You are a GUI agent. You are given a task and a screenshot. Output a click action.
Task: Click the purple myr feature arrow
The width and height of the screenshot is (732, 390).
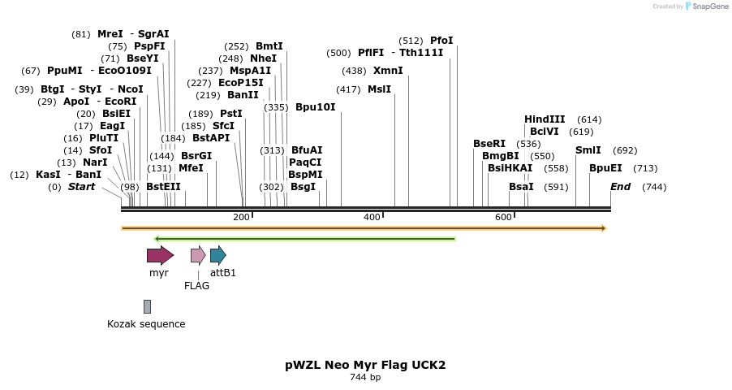pyautogui.click(x=160, y=255)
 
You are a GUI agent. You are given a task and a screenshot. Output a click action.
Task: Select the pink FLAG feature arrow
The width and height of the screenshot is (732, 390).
pyautogui.click(x=197, y=255)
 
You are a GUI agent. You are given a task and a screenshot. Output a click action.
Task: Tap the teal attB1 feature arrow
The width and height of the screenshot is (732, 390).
pyautogui.click(x=217, y=255)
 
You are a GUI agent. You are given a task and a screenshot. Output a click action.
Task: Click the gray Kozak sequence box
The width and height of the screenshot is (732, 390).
pyautogui.click(x=147, y=306)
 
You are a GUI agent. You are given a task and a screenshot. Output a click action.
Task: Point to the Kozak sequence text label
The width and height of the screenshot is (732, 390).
pyautogui.click(x=146, y=324)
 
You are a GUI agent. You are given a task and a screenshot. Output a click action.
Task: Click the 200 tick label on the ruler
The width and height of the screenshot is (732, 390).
pyautogui.click(x=241, y=217)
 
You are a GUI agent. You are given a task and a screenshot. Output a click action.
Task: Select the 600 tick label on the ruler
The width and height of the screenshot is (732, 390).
pyautogui.click(x=503, y=217)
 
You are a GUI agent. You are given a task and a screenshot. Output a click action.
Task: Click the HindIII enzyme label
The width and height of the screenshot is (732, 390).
pyautogui.click(x=545, y=119)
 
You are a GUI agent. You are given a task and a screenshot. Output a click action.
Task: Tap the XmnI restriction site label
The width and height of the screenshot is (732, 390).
pyautogui.click(x=388, y=71)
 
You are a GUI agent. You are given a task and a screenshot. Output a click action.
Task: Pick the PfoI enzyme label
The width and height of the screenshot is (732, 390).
pyautogui.click(x=441, y=41)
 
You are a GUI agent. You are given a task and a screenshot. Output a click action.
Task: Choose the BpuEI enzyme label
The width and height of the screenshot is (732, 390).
pyautogui.click(x=605, y=168)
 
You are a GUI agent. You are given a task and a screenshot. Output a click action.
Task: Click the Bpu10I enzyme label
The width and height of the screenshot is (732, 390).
pyautogui.click(x=315, y=107)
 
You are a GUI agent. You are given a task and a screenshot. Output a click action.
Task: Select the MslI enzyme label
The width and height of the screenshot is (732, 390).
pyautogui.click(x=379, y=89)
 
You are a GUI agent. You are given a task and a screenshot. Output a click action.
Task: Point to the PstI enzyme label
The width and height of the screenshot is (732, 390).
pyautogui.click(x=231, y=114)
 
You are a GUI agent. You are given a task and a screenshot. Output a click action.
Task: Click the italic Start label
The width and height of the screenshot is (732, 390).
pyautogui.click(x=81, y=187)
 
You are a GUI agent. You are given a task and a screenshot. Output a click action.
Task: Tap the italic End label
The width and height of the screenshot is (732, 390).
pyautogui.click(x=620, y=187)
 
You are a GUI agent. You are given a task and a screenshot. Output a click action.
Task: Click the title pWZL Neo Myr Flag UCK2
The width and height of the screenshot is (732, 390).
pyautogui.click(x=365, y=365)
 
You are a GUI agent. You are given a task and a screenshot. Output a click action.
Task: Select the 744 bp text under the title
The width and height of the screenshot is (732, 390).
pyautogui.click(x=365, y=378)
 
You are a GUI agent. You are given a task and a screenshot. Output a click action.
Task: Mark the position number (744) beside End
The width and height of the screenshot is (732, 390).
pyautogui.click(x=654, y=187)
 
